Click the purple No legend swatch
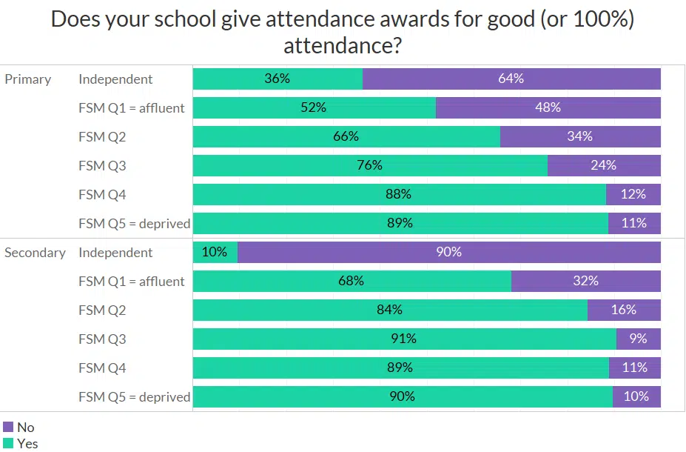[x=8, y=427]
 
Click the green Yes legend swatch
[x=8, y=443]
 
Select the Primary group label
[x=27, y=79]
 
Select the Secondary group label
[x=35, y=253]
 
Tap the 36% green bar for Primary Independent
[x=278, y=79]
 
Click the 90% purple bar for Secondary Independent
[x=448, y=252]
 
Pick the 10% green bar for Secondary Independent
[x=215, y=252]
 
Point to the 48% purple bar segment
[x=548, y=107]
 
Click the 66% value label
[x=346, y=136]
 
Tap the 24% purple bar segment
[x=604, y=165]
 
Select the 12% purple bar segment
[x=633, y=194]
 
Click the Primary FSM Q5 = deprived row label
[x=134, y=224]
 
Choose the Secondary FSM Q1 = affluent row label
[x=132, y=282]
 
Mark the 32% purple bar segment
[x=585, y=281]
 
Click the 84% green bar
[x=389, y=310]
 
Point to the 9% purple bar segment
[x=638, y=339]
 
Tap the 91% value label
[x=404, y=339]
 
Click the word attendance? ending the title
[x=343, y=46]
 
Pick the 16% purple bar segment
[x=624, y=310]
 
